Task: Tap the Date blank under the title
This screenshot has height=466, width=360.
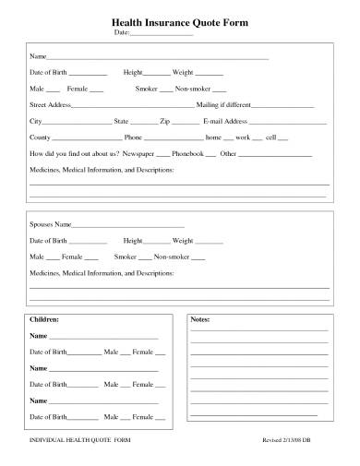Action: [x=162, y=33]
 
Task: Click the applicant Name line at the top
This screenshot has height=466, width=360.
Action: [x=157, y=58]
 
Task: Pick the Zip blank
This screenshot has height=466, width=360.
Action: [x=186, y=123]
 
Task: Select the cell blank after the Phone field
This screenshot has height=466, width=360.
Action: [x=283, y=137]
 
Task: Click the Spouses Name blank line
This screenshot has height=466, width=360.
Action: [x=128, y=226]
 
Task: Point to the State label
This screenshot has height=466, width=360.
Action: [x=121, y=122]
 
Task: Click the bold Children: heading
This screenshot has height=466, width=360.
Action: [x=45, y=319]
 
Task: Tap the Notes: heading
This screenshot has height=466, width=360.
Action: [x=199, y=319]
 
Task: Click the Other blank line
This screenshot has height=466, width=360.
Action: [x=276, y=152]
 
